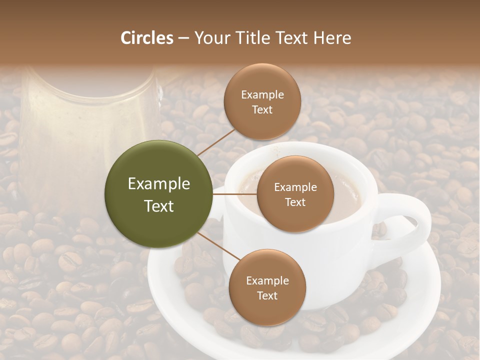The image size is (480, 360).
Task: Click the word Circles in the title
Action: [147, 38]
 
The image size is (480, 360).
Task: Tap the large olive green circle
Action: [158, 194]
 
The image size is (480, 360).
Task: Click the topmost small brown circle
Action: [262, 101]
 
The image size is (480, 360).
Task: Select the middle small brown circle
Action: [295, 194]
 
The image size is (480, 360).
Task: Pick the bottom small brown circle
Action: [267, 287]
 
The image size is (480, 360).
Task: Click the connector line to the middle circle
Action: [235, 194]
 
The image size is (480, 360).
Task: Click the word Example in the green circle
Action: [159, 184]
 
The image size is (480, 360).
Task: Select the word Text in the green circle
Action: [159, 206]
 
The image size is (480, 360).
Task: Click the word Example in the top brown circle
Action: [262, 95]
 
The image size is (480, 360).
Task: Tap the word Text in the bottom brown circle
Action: [267, 295]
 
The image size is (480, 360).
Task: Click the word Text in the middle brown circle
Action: [295, 202]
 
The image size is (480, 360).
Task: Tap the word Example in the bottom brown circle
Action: [267, 280]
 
